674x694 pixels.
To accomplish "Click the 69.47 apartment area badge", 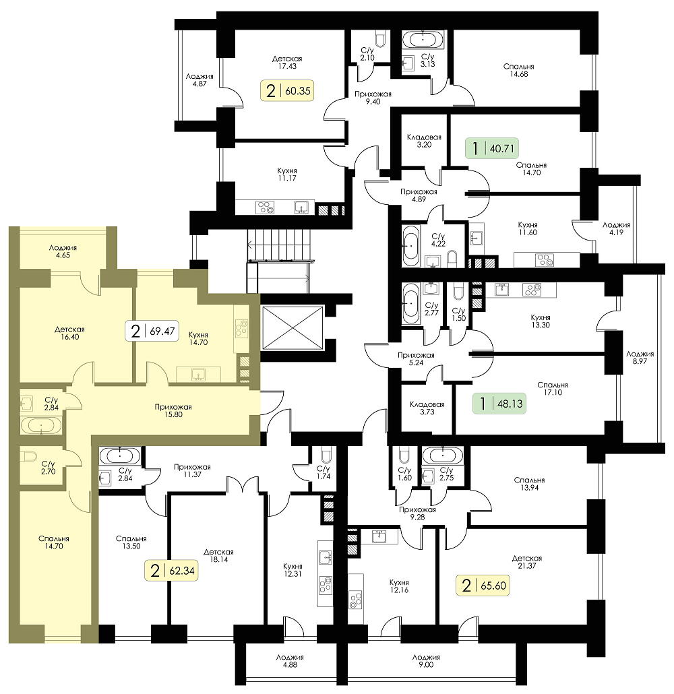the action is (152, 331).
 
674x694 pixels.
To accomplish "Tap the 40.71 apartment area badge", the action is (491, 148).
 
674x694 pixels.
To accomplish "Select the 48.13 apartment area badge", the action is (499, 404).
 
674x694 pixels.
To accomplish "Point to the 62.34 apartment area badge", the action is (171, 571).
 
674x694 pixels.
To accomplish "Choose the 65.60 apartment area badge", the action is (483, 585).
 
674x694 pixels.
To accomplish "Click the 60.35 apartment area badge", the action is (288, 91).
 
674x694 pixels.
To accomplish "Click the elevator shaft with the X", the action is (293, 328).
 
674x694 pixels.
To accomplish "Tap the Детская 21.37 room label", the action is (526, 562).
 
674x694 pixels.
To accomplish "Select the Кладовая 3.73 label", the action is (427, 408).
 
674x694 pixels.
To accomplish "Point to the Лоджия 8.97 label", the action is (640, 357).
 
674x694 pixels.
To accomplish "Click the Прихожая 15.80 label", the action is (173, 410).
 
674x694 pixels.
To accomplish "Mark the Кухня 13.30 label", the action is (541, 321).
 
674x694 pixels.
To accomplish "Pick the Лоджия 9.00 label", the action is (426, 661).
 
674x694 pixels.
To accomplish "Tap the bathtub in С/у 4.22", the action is (410, 246).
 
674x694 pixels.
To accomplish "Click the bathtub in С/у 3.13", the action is (423, 39).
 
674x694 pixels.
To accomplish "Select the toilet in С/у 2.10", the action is (379, 38).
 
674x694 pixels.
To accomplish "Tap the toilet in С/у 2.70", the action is (30, 456).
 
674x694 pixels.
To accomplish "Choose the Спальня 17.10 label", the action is (553, 389).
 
